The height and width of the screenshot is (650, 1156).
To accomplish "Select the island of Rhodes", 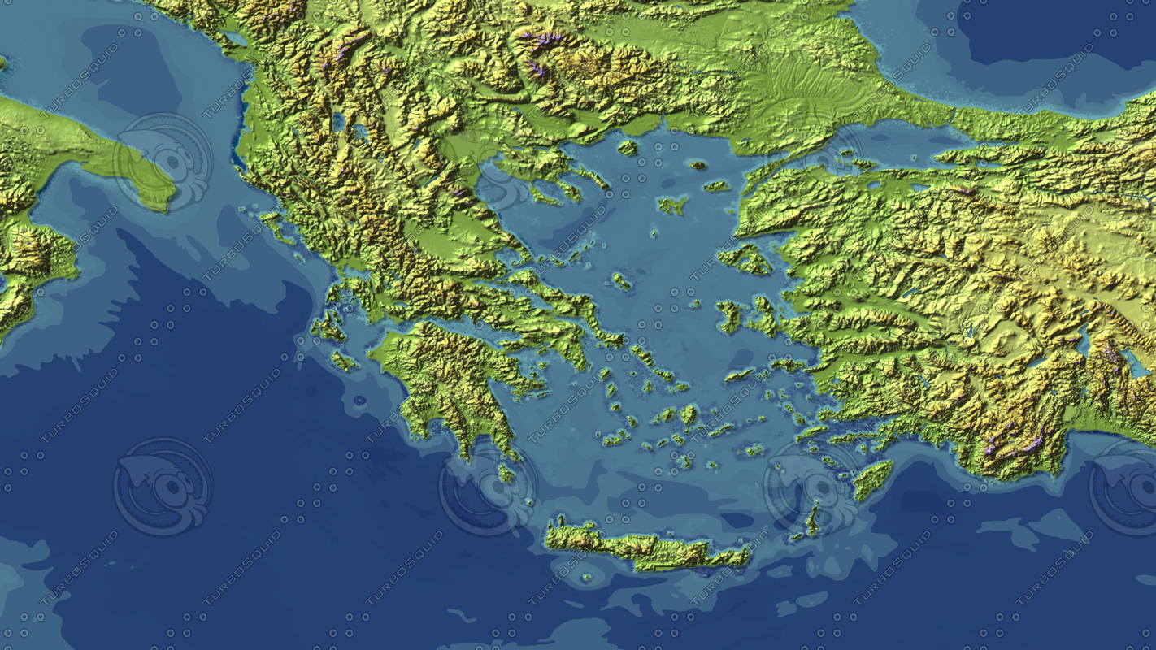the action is click(x=872, y=479).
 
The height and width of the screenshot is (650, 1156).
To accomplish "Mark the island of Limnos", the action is click(x=672, y=205).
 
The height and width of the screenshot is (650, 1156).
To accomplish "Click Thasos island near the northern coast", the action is click(x=627, y=148).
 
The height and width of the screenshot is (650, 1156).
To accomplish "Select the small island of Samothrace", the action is click(x=698, y=165).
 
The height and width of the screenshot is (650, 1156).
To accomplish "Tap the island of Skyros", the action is click(x=622, y=281).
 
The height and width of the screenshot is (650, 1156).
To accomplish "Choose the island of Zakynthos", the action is click(x=343, y=360).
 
